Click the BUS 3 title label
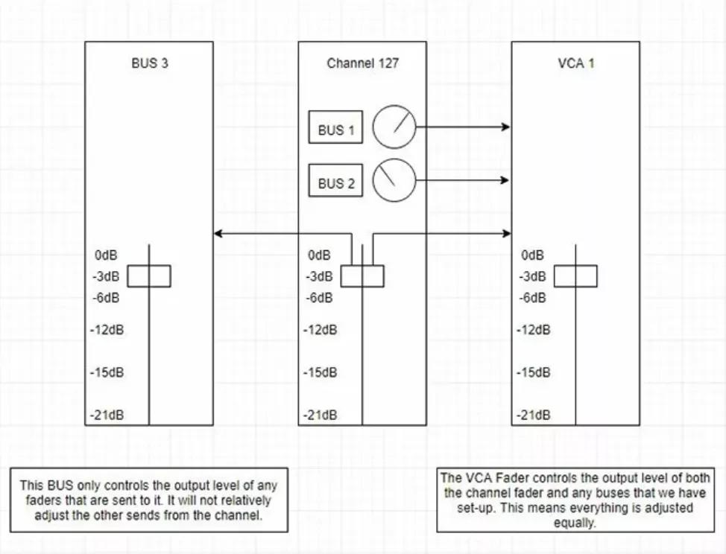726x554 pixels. coord(149,63)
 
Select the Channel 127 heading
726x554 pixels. coord(362,63)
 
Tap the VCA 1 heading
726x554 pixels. coord(575,63)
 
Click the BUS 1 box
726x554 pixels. coord(335,130)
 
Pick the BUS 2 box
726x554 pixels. coord(335,183)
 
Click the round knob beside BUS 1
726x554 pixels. coord(394,127)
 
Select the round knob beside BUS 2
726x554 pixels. coord(394,179)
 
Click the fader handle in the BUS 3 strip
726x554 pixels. coord(149,276)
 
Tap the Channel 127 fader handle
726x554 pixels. coord(362,276)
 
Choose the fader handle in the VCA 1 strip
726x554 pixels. coord(575,276)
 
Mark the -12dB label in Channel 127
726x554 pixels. coord(321,329)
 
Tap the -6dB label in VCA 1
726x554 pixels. coord(534,297)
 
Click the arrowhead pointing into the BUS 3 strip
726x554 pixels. coord(217,235)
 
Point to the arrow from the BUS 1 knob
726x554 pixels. coord(462,127)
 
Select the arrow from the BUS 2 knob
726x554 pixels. coord(462,179)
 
